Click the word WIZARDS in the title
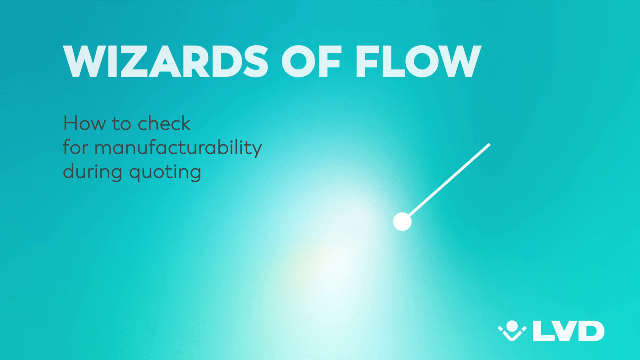coord(166,62)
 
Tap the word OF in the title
coord(312,62)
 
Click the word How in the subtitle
coord(84,124)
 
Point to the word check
coord(164,124)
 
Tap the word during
coord(93,172)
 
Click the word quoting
coord(166,172)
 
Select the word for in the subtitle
coord(75,147)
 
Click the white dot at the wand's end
coord(402,222)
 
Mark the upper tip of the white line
coord(490,144)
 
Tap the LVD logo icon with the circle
coord(512,330)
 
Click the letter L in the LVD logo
coord(542,331)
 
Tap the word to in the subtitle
coord(122,124)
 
